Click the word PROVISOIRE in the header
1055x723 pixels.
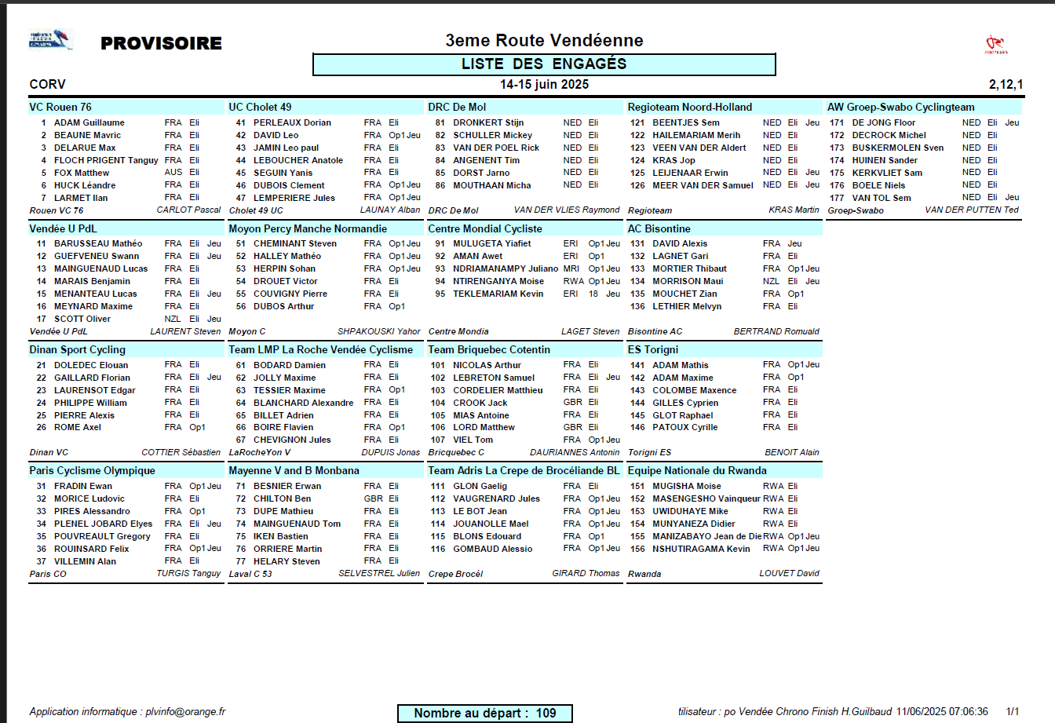tap(161, 43)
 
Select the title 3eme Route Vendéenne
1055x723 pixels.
tap(544, 40)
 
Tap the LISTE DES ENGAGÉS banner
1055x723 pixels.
tap(544, 64)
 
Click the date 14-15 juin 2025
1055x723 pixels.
tap(544, 85)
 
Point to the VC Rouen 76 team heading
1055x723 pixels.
tap(60, 108)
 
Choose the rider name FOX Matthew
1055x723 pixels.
tap(82, 173)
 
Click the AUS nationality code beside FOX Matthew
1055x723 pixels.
tap(173, 173)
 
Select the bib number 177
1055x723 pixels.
tap(837, 198)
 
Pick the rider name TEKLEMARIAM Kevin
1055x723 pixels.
tap(498, 294)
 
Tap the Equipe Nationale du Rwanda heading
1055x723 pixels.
tap(697, 471)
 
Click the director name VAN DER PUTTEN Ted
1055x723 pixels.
tap(972, 210)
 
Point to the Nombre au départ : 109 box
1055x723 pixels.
tap(484, 713)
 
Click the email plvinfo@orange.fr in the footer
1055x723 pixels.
tap(185, 712)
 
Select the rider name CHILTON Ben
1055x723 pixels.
tap(282, 498)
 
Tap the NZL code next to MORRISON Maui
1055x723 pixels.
tap(771, 281)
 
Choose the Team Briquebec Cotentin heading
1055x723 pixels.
tap(489, 350)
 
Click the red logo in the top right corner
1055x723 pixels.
tap(996, 44)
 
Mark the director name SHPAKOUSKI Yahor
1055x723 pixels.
tap(378, 331)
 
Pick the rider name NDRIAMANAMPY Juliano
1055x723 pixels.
tap(506, 268)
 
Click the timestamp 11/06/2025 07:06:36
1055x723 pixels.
tap(942, 712)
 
